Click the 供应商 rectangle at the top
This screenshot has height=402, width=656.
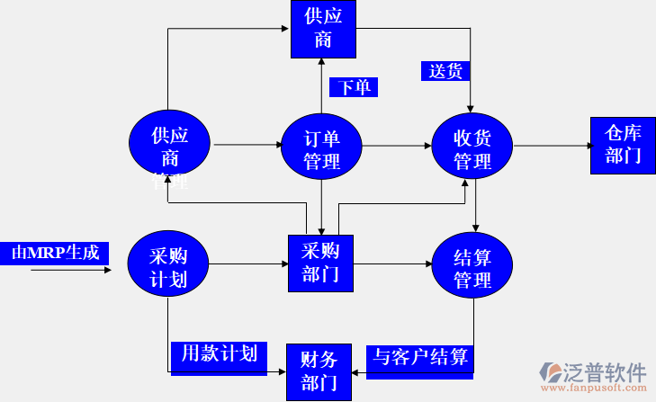tap(323, 28)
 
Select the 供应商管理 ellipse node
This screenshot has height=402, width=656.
tap(170, 147)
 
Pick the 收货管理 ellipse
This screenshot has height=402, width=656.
tap(472, 147)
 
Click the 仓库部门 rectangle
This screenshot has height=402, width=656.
tap(623, 145)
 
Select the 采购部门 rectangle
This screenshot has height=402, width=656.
tap(320, 264)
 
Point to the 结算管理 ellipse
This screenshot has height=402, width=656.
tap(472, 267)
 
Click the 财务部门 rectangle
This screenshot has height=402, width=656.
tap(319, 372)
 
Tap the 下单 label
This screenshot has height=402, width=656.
tap(354, 86)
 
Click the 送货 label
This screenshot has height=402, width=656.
tap(446, 70)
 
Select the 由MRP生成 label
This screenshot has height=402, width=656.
tap(55, 253)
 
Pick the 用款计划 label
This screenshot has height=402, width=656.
tap(220, 353)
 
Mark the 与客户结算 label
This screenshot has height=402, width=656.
tap(420, 357)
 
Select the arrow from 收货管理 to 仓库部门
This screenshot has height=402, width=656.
tap(551, 147)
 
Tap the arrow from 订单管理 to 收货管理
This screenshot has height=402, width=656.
tap(396, 147)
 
